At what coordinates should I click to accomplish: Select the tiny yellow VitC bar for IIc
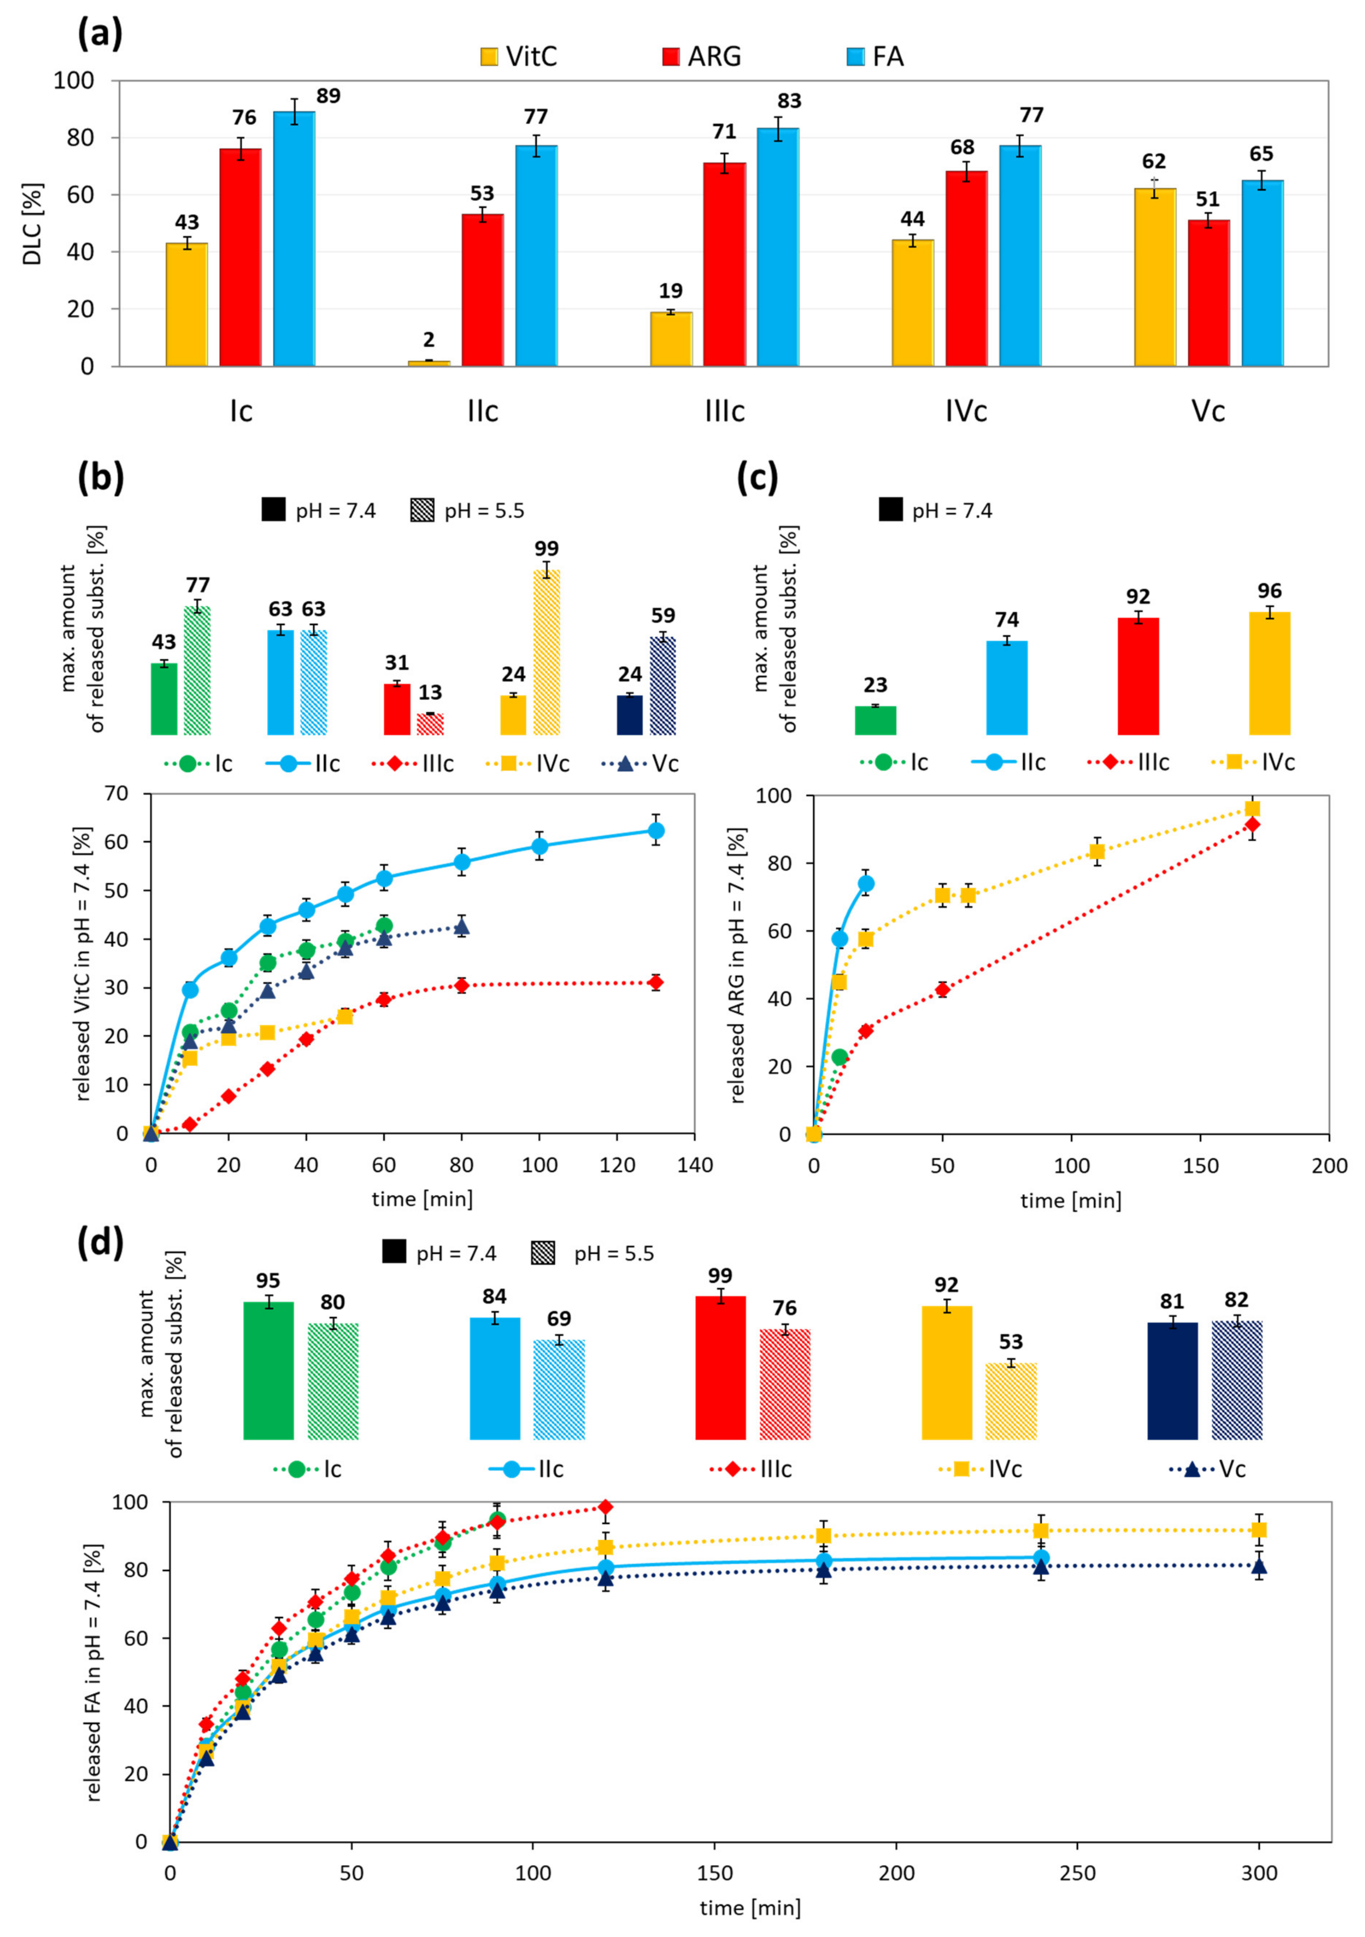pos(429,363)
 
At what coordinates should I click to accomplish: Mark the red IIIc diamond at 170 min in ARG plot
pos(1252,824)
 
